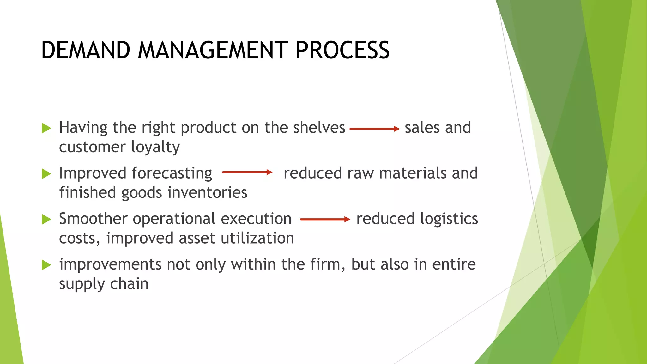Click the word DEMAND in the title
86,50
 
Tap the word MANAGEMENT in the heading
213,50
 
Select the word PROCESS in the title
342,50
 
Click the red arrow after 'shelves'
375,129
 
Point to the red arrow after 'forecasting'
247,172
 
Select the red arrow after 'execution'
325,219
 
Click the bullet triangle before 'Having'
46,128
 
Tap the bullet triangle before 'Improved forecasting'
46,174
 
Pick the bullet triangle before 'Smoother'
46,219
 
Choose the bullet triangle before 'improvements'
46,265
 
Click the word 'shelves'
319,128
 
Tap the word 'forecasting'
172,173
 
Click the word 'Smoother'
93,219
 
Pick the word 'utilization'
257,238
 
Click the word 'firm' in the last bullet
327,264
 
